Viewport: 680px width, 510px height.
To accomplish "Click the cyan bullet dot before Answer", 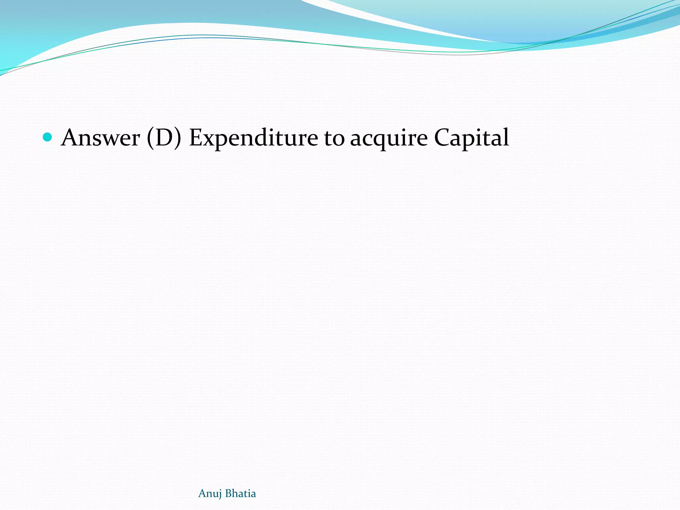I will [x=48, y=137].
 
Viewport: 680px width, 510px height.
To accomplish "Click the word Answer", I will [x=100, y=137].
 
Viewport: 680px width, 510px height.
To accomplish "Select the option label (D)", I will [x=164, y=137].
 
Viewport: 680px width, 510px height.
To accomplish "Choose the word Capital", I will [x=471, y=138].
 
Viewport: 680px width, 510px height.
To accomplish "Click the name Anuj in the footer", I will [x=210, y=494].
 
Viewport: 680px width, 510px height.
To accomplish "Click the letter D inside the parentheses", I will [x=164, y=137].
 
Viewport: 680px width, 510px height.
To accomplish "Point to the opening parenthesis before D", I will [x=150, y=137].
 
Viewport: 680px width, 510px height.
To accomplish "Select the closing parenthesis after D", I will [x=178, y=137].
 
